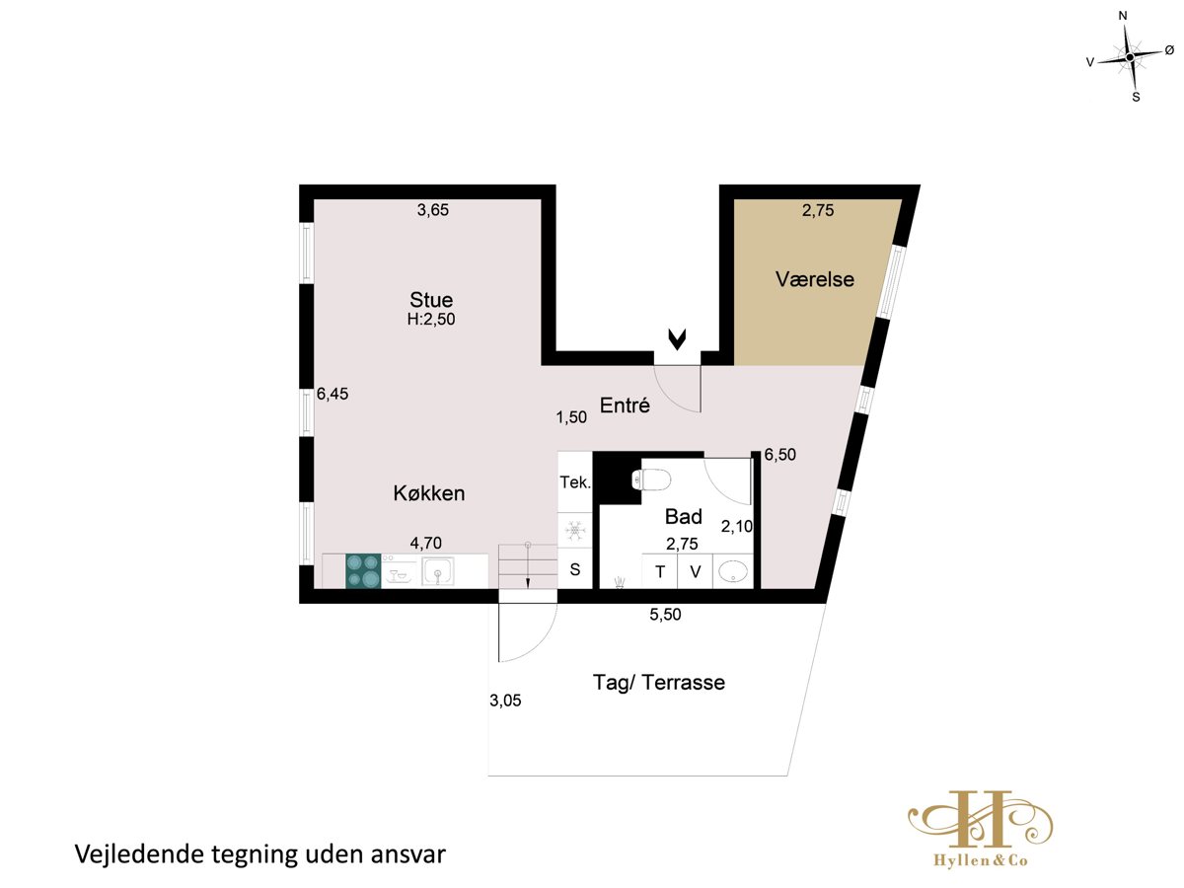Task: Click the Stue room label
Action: click(x=431, y=300)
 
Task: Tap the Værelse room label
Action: click(x=815, y=279)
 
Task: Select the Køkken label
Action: click(x=429, y=493)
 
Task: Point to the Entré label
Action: click(x=625, y=405)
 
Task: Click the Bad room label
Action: click(x=684, y=516)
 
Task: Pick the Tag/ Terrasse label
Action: click(x=659, y=683)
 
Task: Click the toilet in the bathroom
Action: click(x=651, y=480)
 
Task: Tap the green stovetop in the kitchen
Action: click(x=363, y=571)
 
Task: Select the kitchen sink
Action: click(x=437, y=571)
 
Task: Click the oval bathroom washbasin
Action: click(x=734, y=571)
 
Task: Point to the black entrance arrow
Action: click(x=677, y=339)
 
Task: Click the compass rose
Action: click(x=1130, y=57)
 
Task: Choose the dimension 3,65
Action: click(x=432, y=210)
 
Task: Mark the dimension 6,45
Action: click(x=333, y=394)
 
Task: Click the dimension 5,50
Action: click(x=665, y=615)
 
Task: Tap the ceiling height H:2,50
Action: click(x=431, y=319)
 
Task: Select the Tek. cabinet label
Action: click(x=575, y=482)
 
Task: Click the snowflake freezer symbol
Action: click(x=575, y=531)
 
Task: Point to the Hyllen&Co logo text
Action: click(x=980, y=860)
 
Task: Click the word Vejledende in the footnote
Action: click(x=139, y=854)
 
